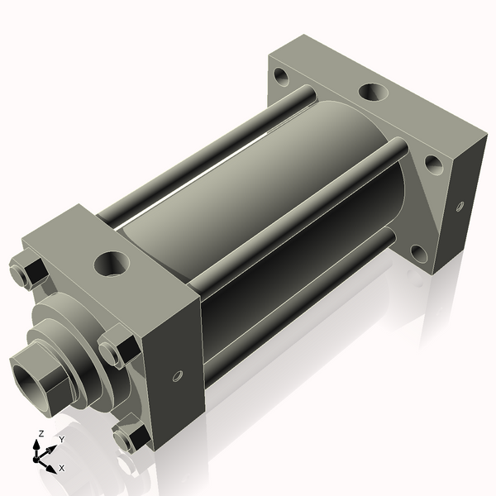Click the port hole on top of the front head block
click(109, 265)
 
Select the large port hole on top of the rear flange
click(370, 92)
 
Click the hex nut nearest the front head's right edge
click(114, 347)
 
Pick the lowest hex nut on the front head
click(129, 438)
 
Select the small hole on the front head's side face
click(176, 377)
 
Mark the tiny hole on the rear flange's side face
click(460, 204)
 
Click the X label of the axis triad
click(61, 468)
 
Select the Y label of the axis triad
click(61, 440)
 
